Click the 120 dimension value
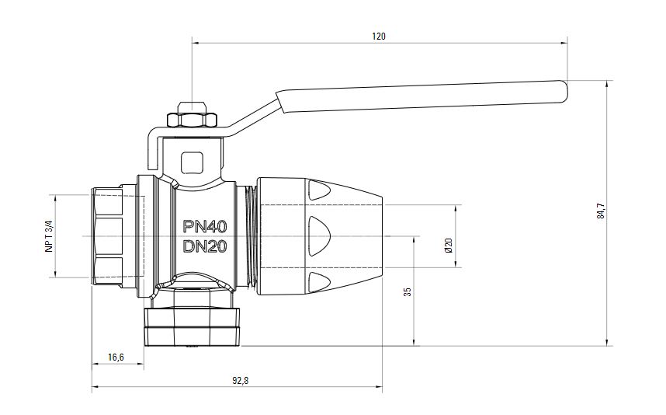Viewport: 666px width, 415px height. [379, 37]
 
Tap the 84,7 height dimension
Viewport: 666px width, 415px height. [601, 211]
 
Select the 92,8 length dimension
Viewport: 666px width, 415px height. [240, 381]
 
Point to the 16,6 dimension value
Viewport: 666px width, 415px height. [116, 357]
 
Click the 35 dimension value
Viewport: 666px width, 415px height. [408, 291]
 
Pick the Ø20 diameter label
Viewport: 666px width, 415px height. [449, 245]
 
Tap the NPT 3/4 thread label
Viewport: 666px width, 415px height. [49, 236]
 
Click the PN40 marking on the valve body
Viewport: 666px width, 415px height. [205, 227]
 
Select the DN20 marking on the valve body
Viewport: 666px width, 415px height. [205, 246]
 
